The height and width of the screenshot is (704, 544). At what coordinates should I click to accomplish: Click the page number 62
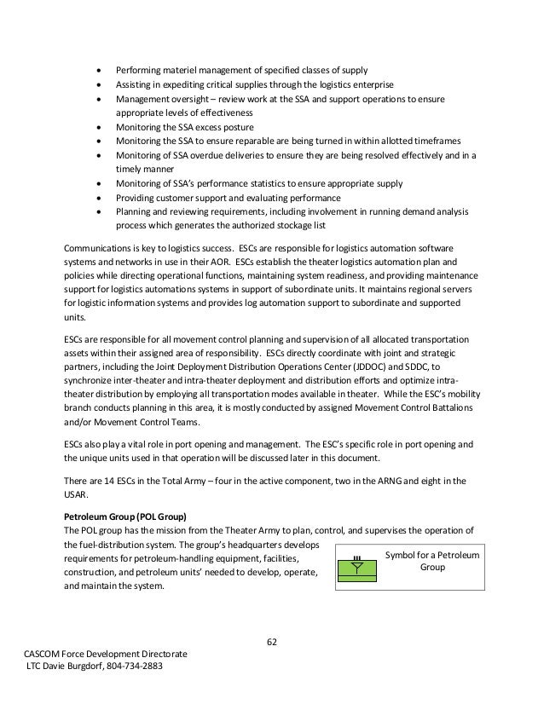[x=272, y=642]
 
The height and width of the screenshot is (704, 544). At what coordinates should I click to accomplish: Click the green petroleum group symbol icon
[x=356, y=567]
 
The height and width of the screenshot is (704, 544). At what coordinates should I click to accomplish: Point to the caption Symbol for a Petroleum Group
[x=432, y=560]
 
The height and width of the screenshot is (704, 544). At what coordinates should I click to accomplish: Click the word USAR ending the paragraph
[x=78, y=494]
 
